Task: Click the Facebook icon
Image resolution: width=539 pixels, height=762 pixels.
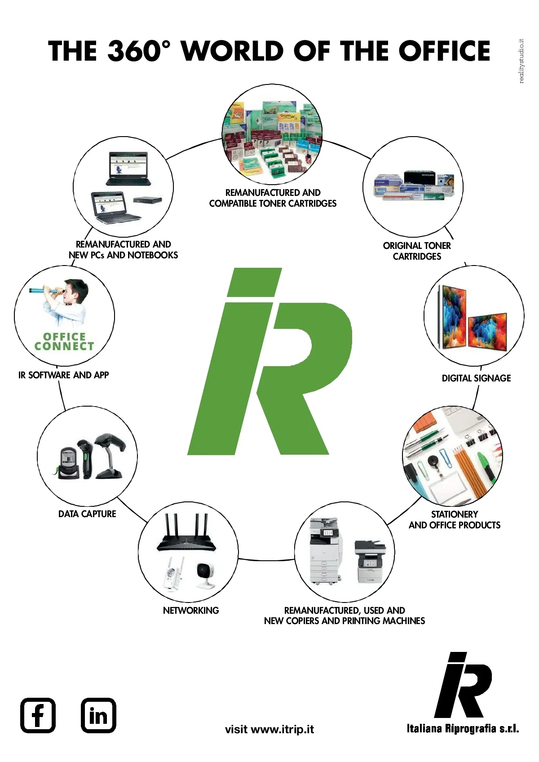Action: [x=38, y=715]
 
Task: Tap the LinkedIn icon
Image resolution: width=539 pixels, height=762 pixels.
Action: [x=99, y=715]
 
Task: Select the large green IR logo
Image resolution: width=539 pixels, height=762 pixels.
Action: [x=269, y=361]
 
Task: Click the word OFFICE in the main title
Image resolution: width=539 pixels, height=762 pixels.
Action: [x=445, y=51]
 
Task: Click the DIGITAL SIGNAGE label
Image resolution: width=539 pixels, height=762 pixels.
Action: [x=476, y=378]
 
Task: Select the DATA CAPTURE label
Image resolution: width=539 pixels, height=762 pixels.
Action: [x=87, y=514]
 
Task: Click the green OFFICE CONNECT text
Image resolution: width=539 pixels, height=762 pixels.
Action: [x=64, y=341]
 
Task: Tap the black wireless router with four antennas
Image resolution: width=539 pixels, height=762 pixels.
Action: [x=186, y=532]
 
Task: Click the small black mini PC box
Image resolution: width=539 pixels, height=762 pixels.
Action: [x=148, y=200]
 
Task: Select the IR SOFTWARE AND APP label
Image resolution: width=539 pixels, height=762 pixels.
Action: [x=64, y=375]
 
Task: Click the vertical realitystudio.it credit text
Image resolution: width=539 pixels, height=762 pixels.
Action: [x=522, y=61]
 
